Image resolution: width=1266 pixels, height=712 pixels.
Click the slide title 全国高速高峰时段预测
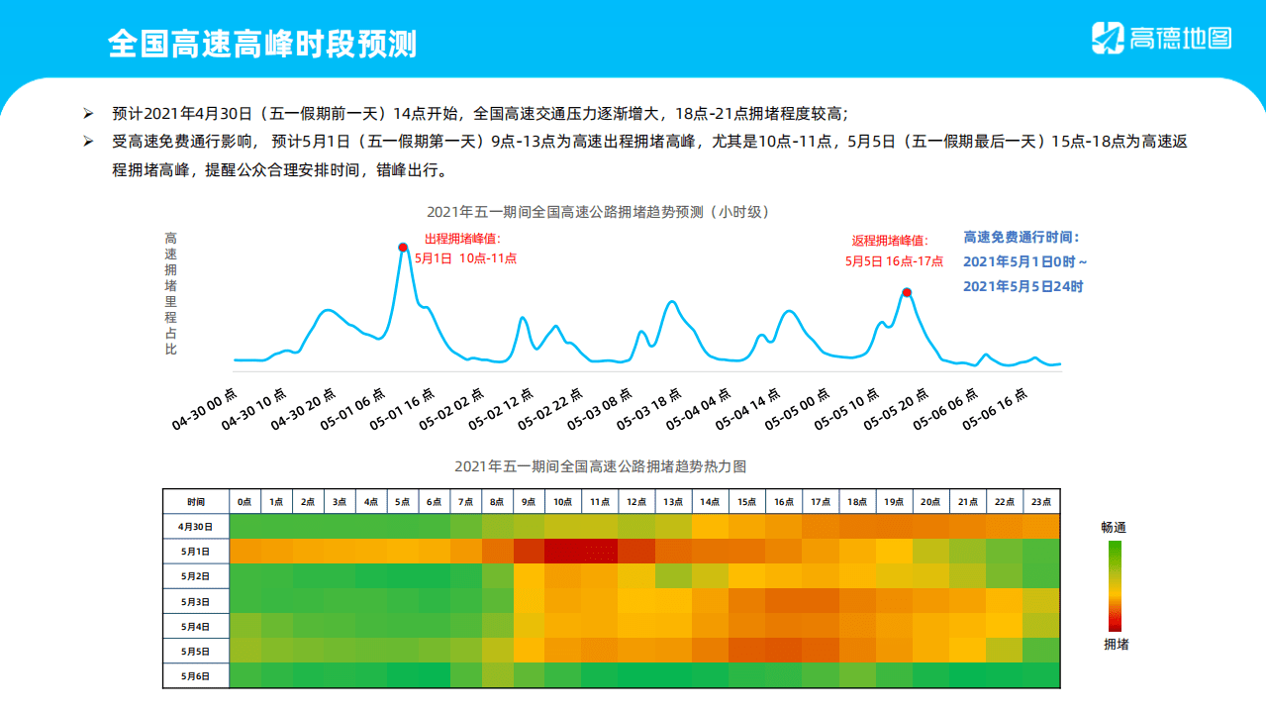(x=262, y=43)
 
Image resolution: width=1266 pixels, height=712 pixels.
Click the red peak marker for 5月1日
(x=403, y=247)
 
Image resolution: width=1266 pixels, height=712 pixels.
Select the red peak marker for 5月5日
(x=906, y=292)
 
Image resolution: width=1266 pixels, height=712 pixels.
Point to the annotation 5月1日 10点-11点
(x=465, y=258)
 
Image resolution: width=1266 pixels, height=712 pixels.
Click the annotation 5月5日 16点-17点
(x=894, y=261)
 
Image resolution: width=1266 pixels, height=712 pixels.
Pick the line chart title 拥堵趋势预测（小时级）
(x=597, y=211)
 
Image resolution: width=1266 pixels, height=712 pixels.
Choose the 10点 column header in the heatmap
(x=562, y=502)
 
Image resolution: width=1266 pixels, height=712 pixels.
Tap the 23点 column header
(x=1041, y=502)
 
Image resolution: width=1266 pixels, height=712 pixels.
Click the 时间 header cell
(x=196, y=502)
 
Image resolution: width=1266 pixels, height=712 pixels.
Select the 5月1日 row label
(x=196, y=552)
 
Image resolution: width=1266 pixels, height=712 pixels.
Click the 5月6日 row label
(x=196, y=675)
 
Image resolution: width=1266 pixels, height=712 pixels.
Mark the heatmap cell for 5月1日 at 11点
(x=600, y=552)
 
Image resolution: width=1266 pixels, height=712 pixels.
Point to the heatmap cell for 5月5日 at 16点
(x=783, y=651)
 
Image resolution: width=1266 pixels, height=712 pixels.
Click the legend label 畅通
(x=1114, y=527)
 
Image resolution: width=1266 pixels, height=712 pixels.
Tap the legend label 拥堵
(x=1116, y=645)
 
